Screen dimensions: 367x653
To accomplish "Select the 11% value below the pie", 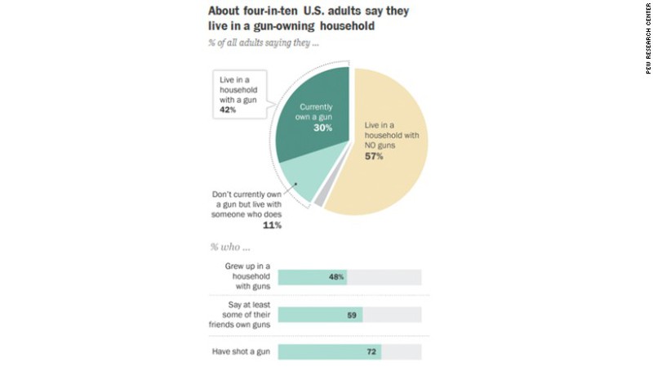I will tap(272, 225).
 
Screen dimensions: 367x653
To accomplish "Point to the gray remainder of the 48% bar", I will tap(384, 277).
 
